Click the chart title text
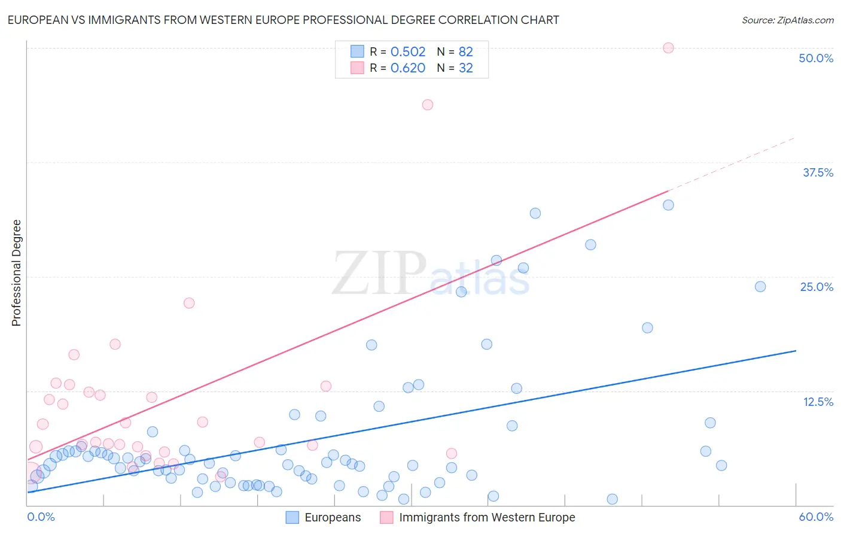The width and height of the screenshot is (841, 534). (x=283, y=20)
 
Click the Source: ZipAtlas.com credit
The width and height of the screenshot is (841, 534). (x=787, y=20)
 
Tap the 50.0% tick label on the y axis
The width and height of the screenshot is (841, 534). (x=816, y=58)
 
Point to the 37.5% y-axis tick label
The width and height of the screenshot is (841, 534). (x=818, y=172)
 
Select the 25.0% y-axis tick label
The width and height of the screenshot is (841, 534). (x=816, y=287)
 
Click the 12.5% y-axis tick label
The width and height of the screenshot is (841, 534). (x=818, y=402)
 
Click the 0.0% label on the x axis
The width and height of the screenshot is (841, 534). (x=41, y=517)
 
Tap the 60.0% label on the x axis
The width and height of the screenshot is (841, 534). (x=816, y=517)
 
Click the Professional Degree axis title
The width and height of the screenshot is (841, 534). (x=16, y=273)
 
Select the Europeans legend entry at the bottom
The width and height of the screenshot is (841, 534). (x=333, y=517)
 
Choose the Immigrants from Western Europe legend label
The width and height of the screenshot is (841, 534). (x=487, y=517)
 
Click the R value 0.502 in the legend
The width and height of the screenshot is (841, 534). (x=408, y=52)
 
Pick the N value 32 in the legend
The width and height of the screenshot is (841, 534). (x=465, y=68)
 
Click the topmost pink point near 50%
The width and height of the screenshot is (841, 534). (x=668, y=48)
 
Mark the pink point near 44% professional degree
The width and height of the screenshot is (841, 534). (x=427, y=105)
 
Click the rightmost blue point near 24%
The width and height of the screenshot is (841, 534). (x=760, y=287)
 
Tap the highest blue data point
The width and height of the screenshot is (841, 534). (x=668, y=205)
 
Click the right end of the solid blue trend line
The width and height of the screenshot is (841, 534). (x=796, y=351)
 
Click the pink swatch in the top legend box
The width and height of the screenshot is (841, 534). (x=357, y=68)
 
